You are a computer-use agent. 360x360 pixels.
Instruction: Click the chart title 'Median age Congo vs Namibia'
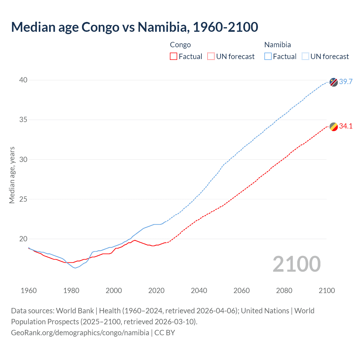click(x=134, y=27)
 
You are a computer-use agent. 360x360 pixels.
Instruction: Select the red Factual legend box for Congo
click(x=174, y=57)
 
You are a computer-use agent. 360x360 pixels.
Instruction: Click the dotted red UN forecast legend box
click(x=211, y=57)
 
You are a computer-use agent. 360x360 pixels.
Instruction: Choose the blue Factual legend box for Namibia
click(x=268, y=57)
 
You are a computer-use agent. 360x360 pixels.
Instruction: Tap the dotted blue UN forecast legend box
click(x=305, y=57)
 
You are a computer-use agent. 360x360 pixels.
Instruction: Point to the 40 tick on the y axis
click(x=23, y=80)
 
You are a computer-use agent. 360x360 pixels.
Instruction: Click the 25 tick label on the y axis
click(x=23, y=199)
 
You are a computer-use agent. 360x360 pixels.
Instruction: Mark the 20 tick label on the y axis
click(x=23, y=239)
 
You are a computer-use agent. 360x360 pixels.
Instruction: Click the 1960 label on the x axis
click(x=29, y=291)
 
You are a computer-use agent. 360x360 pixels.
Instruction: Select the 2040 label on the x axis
click(x=199, y=291)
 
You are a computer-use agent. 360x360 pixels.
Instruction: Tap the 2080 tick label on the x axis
click(x=284, y=291)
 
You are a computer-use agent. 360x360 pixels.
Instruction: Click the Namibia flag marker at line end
click(x=334, y=82)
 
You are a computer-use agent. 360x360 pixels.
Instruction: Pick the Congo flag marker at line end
click(x=334, y=127)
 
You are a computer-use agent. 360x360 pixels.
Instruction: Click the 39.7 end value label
click(x=346, y=82)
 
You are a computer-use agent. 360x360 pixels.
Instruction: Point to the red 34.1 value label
click(x=346, y=126)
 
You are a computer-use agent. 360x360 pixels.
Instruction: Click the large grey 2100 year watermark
click(x=297, y=264)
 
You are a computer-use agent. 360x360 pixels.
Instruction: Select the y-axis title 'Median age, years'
click(x=12, y=175)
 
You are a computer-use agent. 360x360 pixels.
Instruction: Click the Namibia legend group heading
click(x=278, y=45)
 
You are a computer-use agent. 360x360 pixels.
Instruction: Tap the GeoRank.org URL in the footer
click(x=80, y=333)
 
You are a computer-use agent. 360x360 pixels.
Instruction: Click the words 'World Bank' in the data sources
click(x=75, y=311)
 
